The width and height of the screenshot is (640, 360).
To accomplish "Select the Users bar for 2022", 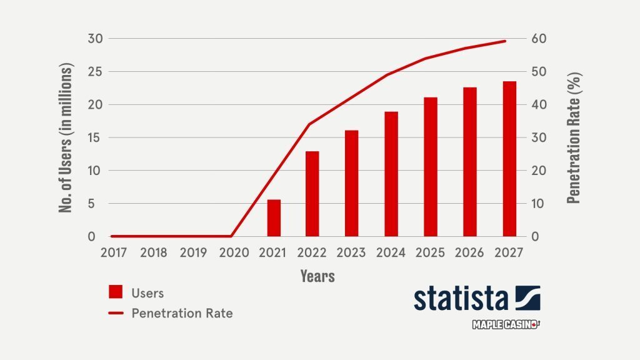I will pyautogui.click(x=312, y=194).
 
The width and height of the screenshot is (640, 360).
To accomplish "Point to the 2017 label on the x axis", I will pyautogui.click(x=114, y=252).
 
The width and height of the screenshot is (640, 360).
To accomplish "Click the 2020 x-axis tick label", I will pyautogui.click(x=233, y=252).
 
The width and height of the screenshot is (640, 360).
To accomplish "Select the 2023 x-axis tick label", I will pyautogui.click(x=352, y=252).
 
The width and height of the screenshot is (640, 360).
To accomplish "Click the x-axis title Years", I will pyautogui.click(x=317, y=276).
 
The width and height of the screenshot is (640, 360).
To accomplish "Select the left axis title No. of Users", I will pyautogui.click(x=67, y=137).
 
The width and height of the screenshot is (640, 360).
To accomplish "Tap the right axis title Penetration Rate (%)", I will pyautogui.click(x=574, y=137).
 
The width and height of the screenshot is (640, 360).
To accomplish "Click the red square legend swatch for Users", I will pyautogui.click(x=116, y=292).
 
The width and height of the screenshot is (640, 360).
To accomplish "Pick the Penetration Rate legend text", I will pyautogui.click(x=182, y=313).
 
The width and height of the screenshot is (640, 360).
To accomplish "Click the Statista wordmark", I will pyautogui.click(x=461, y=298).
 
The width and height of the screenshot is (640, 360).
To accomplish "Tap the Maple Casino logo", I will pyautogui.click(x=505, y=325).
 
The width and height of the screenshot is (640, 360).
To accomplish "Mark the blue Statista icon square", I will pyautogui.click(x=527, y=297).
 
